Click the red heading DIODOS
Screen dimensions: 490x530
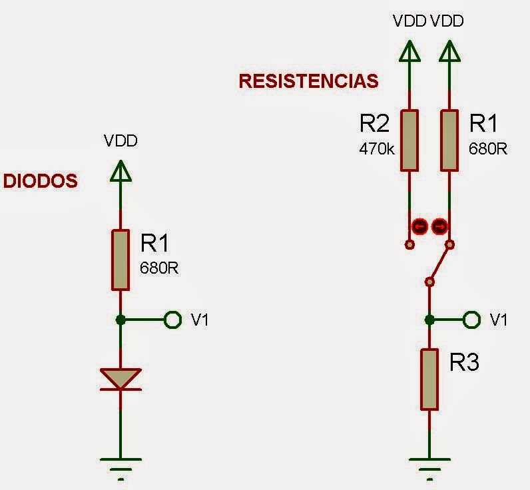tap(41, 181)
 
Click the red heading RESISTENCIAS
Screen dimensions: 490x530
tap(308, 81)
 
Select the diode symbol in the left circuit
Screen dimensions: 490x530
tap(121, 379)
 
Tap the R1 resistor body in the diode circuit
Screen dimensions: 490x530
tap(121, 260)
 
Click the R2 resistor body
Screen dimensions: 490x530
tap(409, 140)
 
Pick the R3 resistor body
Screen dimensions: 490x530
tap(429, 379)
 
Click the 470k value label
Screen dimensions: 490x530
tap(377, 148)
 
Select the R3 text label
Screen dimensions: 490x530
tap(465, 364)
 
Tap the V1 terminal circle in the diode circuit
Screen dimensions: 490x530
tap(172, 320)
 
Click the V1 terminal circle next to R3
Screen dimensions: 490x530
tap(472, 320)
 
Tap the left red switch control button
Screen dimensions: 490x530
tap(419, 226)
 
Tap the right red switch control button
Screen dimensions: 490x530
tap(439, 226)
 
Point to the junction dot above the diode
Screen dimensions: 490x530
tap(121, 320)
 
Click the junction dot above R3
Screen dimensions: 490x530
tap(429, 320)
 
